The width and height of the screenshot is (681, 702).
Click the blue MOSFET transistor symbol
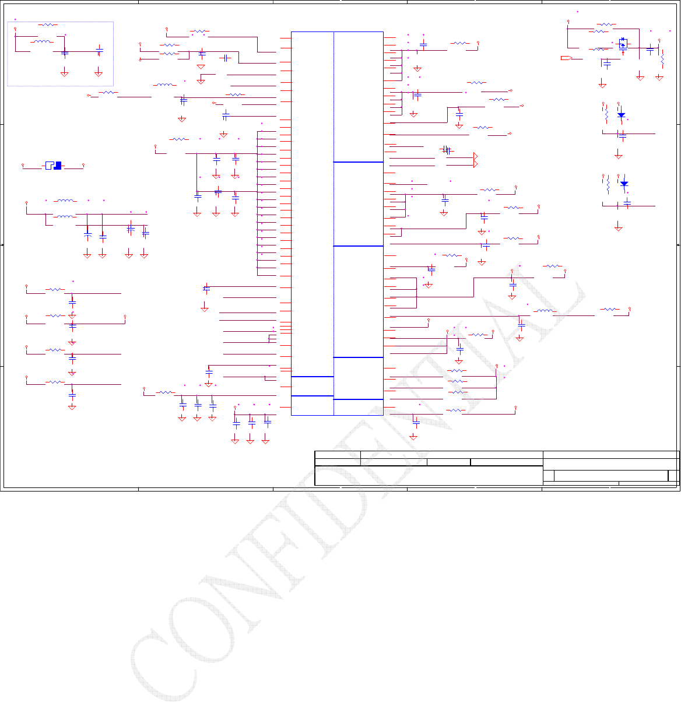click(623, 44)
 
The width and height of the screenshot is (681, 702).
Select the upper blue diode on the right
click(621, 115)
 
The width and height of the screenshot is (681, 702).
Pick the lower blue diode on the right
click(624, 184)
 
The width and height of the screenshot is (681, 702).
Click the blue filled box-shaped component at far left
click(54, 166)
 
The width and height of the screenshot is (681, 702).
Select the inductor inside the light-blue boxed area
click(43, 41)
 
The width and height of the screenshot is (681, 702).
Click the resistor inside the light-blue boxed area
click(47, 25)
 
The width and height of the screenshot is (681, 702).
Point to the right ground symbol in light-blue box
click(99, 73)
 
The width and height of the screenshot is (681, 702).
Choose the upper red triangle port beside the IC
click(476, 157)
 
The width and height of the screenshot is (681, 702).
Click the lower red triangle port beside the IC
click(476, 164)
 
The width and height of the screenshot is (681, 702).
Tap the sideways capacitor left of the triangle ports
click(447, 150)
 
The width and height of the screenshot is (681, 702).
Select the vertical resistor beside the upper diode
click(606, 115)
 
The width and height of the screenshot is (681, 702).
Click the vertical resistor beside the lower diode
click(608, 185)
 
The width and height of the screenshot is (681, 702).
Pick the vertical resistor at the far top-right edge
click(663, 61)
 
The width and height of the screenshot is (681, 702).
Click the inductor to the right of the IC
click(545, 311)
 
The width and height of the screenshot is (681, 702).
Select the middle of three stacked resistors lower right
click(457, 381)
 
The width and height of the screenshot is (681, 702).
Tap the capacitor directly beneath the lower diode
click(627, 202)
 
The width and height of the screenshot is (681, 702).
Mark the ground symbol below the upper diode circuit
click(619, 156)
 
